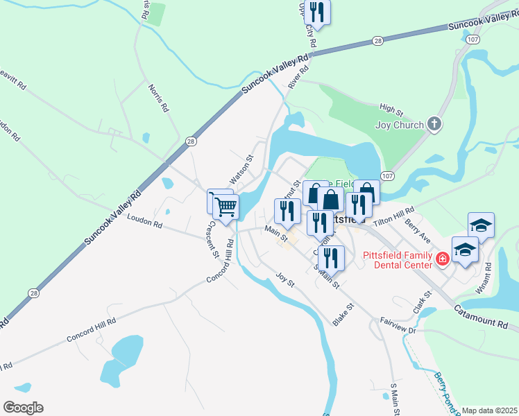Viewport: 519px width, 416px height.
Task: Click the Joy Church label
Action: coord(399,125)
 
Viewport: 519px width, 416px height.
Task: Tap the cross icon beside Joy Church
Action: coord(434,125)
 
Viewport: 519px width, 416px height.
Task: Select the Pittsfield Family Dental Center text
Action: coord(396,259)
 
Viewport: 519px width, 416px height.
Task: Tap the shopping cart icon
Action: coord(226,207)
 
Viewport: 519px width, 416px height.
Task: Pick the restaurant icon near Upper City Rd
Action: coord(318,12)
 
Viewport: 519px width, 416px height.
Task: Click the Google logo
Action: coord(23,408)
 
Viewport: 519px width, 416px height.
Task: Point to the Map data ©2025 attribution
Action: coord(490,410)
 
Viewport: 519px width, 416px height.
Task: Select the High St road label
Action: coord(391,110)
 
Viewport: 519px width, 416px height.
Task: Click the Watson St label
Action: coord(243,169)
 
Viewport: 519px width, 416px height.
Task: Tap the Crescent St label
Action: coord(210,239)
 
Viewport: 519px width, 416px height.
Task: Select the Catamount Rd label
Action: coord(482,316)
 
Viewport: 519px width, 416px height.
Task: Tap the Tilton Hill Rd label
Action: coord(393,214)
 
